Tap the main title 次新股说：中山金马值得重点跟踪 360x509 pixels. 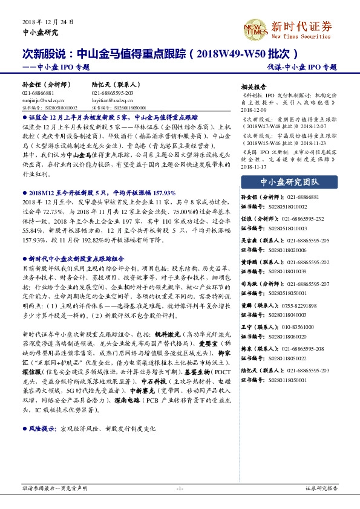click(x=103, y=53)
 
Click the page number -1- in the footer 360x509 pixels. click(x=180, y=488)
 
